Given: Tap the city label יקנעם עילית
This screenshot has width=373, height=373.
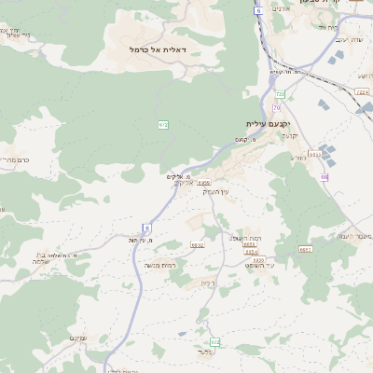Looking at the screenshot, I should tap(269, 124).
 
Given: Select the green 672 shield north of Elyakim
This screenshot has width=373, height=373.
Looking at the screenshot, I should tap(163, 124).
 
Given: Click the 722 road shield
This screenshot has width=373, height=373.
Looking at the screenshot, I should tap(280, 93).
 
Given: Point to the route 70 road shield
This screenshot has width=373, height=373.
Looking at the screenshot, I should tap(276, 109).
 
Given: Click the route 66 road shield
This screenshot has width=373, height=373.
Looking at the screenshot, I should tap(324, 176).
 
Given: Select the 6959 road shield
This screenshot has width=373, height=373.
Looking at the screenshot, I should tap(203, 184).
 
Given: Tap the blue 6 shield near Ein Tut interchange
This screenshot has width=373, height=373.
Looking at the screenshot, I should tap(146, 228).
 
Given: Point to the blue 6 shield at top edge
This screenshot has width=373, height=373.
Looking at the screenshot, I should tap(257, 10).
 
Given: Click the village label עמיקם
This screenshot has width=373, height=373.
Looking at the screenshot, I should tap(78, 337).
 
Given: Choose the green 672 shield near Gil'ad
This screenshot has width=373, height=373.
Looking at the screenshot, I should tap(215, 342).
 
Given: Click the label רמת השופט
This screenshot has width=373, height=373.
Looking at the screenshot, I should tap(247, 239).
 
